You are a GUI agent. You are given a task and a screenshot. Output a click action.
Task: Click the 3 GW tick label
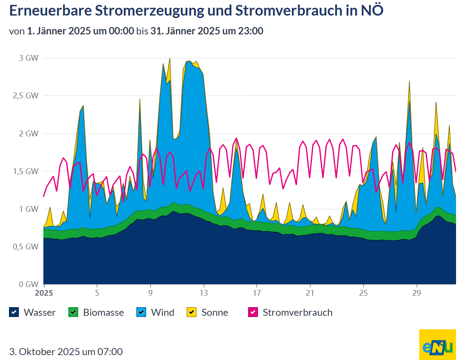[x=29, y=58]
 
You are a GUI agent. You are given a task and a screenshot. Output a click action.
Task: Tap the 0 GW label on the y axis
[x=29, y=284]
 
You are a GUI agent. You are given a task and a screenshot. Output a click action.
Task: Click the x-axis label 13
[x=203, y=293]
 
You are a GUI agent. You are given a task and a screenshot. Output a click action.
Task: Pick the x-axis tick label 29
[x=417, y=293]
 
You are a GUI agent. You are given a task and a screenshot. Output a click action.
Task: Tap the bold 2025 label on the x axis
[x=44, y=293]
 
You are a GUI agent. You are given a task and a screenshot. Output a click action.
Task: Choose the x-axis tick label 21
[x=310, y=293]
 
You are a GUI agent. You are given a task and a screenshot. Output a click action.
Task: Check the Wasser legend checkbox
[x=14, y=312]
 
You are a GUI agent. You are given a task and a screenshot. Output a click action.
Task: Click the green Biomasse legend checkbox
[x=73, y=312]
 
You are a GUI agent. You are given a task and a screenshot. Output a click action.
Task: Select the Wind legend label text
[x=163, y=312]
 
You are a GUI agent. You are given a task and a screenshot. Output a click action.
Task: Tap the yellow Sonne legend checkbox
[x=192, y=312]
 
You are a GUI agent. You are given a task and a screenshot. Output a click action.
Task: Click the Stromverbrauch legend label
[x=297, y=312]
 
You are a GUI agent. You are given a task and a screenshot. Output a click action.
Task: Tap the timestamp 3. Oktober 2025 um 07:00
[x=66, y=351]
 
